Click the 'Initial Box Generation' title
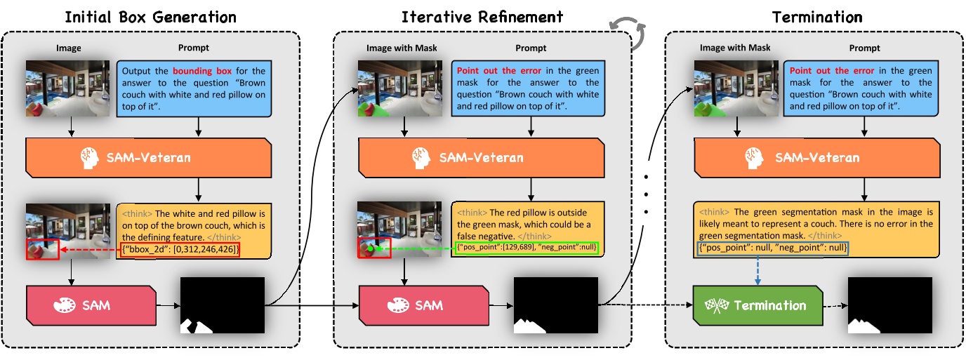150,17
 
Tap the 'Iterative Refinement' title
482,17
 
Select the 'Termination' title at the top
817,17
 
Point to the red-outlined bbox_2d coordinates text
180,249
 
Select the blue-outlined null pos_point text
773,248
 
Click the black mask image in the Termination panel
889,305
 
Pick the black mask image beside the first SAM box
223,305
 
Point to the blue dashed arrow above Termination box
759,271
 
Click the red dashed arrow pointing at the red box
88,249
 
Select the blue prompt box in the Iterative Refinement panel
528,88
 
